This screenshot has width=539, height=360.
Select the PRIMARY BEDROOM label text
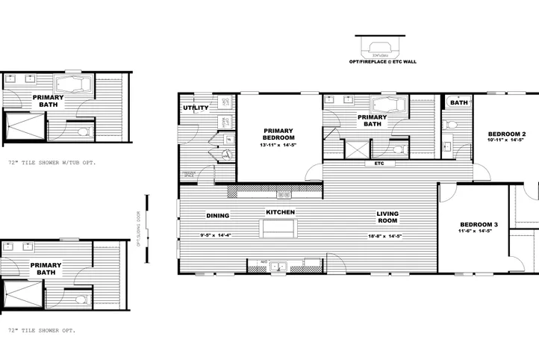[279, 134]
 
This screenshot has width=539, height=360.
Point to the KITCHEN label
[281, 213]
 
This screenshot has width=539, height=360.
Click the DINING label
[217, 216]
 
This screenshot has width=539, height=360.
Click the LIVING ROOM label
[387, 217]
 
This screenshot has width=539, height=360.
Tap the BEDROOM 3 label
[479, 225]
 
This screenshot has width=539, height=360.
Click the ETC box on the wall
[379, 163]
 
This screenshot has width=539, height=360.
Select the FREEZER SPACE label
[189, 175]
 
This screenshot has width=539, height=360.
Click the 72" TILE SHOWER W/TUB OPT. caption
[52, 161]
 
